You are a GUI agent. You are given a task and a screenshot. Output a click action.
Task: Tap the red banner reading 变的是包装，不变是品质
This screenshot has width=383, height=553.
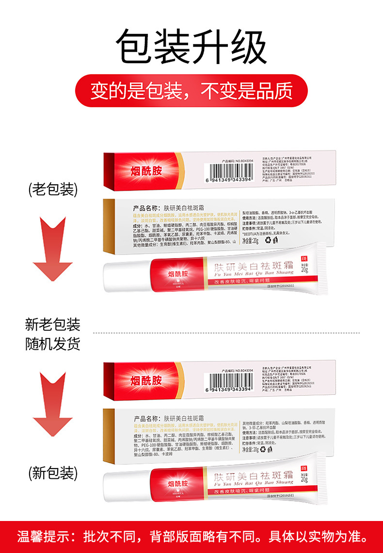pos(191,90)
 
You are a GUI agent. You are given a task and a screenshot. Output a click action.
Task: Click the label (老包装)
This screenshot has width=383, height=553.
pos(53,189)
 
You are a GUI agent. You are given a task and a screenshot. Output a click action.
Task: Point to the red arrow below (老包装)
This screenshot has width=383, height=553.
pos(53,247)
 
